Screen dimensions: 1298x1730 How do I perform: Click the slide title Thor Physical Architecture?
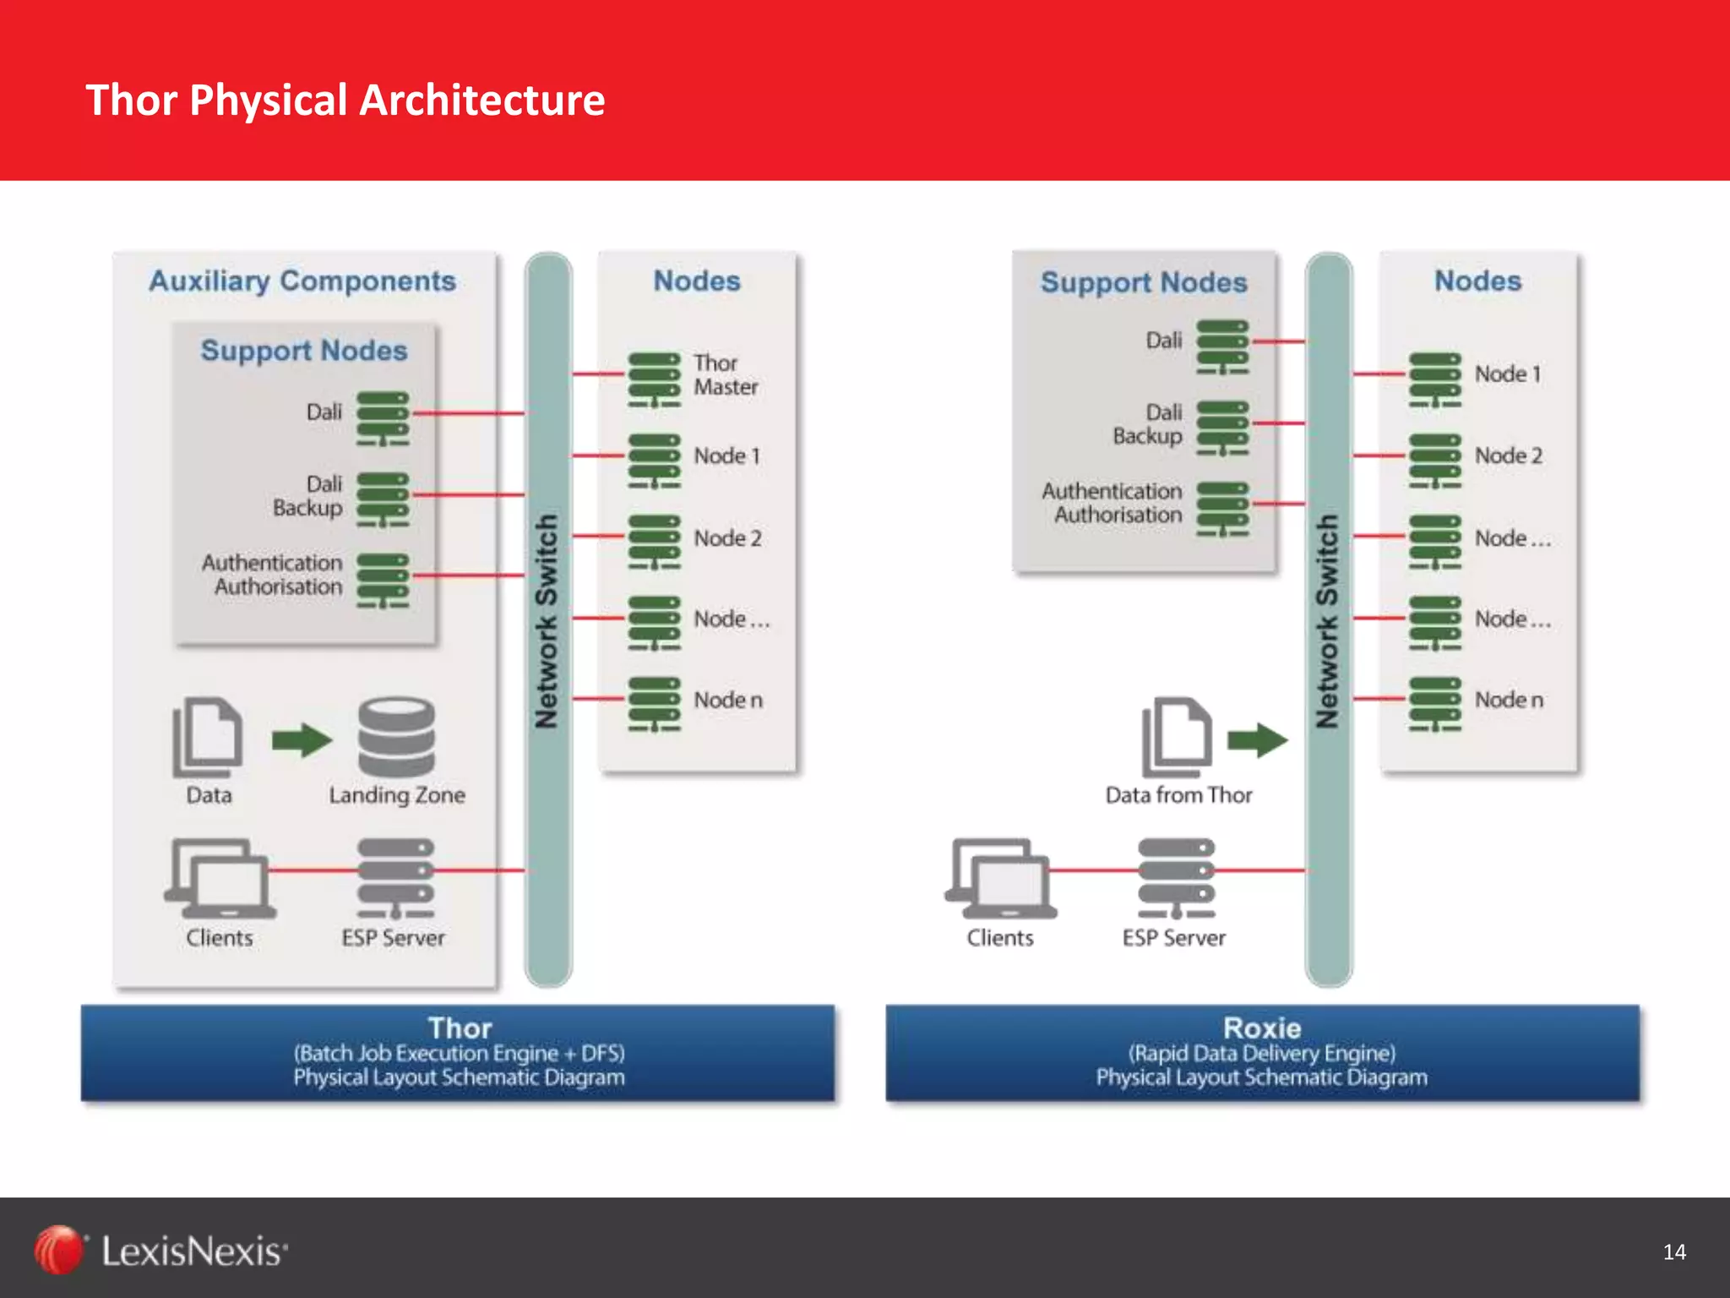coord(345,100)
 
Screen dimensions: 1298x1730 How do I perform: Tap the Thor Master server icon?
coord(654,380)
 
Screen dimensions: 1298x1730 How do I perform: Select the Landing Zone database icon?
coord(396,737)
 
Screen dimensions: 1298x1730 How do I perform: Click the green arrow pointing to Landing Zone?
coord(302,740)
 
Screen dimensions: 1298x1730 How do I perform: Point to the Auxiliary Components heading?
coord(302,281)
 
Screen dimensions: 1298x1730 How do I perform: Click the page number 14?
coord(1673,1252)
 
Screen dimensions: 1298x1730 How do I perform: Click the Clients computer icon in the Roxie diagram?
coord(1000,879)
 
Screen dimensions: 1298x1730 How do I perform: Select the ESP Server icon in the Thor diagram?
coord(395,879)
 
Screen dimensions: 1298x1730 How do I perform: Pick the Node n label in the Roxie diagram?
coord(1509,700)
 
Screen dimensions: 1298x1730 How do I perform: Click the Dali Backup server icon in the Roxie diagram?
coord(1222,428)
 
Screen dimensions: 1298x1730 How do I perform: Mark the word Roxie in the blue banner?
coord(1262,1028)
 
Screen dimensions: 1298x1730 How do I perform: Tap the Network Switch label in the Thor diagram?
coord(547,621)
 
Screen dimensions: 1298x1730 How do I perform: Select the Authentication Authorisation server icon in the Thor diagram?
coord(383,581)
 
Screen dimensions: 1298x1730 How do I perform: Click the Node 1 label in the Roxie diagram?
coord(1508,374)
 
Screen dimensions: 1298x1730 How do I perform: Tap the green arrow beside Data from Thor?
coord(1257,740)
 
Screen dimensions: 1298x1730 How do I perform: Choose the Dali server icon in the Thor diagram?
coord(383,418)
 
